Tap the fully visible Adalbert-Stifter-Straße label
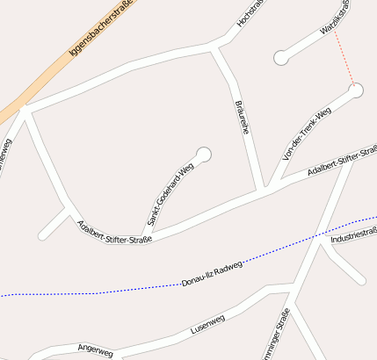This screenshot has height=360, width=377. tap(114, 233)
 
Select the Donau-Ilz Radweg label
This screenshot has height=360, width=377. tap(211, 273)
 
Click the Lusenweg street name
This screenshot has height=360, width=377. tap(208, 324)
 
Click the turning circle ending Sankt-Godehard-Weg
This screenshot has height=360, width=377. tap(204, 155)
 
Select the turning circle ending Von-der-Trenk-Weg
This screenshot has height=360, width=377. tap(356, 89)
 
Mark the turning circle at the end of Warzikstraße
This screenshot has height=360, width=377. tap(281, 57)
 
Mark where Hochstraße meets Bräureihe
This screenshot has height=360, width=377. tap(214, 49)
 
